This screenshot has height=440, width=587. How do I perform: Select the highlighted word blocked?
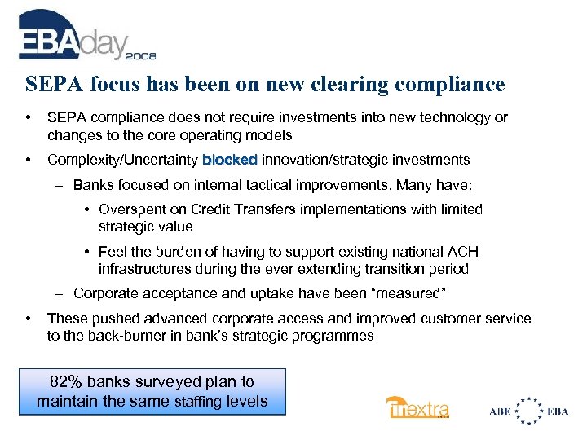tap(230, 160)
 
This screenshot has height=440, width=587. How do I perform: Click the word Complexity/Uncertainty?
tap(122, 160)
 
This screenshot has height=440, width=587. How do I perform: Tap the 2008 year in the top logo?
tap(140, 57)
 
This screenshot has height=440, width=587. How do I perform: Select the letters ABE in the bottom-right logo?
tap(500, 411)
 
